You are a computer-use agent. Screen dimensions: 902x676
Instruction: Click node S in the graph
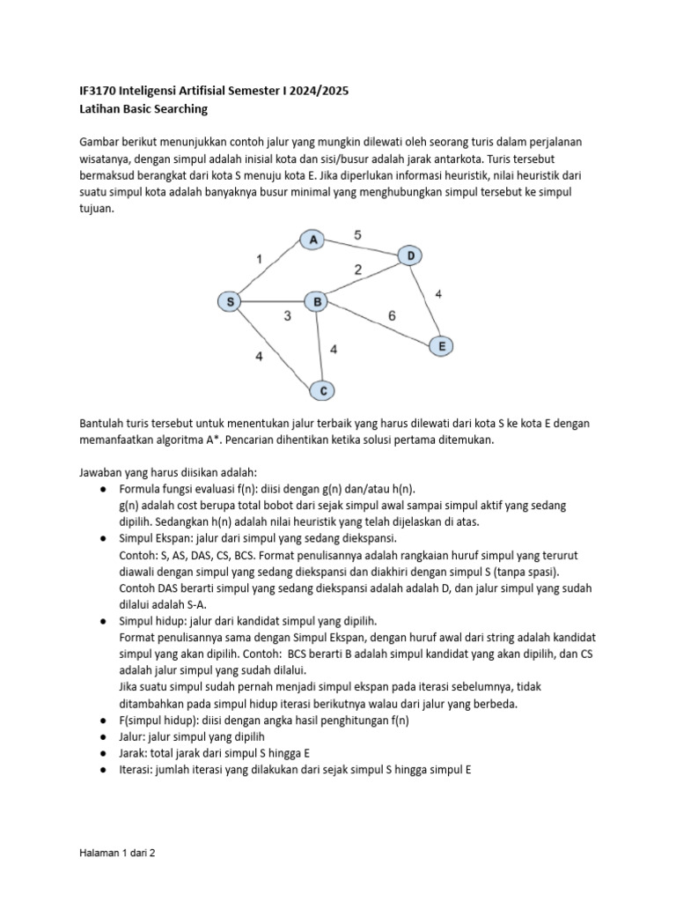[x=230, y=302]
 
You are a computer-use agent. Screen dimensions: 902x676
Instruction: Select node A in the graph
[x=312, y=239]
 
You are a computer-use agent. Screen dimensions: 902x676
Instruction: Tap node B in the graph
[x=315, y=302]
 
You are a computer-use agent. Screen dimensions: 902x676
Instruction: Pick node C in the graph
[x=323, y=389]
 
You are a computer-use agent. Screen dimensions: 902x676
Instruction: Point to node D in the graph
[x=410, y=255]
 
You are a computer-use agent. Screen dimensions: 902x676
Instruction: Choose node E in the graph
[x=442, y=346]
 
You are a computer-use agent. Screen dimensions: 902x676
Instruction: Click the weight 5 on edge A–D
[x=356, y=234]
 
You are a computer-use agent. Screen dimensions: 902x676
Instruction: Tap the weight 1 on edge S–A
[x=259, y=259]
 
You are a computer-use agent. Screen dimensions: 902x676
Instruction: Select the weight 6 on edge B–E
[x=392, y=315]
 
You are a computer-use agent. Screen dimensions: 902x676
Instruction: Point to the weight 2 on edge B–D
[x=358, y=270]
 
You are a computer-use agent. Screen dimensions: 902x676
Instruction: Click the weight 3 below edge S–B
[x=288, y=317]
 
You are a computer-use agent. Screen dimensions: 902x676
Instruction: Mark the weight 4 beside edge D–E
[x=438, y=293]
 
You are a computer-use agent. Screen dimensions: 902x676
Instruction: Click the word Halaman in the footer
[x=93, y=854]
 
